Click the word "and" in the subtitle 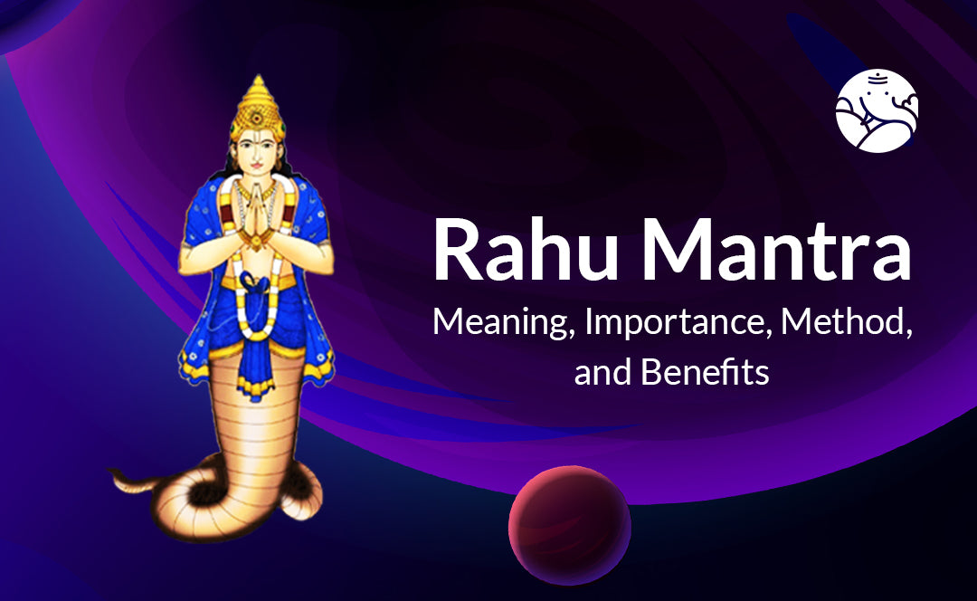coord(601,372)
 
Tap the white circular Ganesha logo coord(877,110)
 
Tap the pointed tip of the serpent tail coord(112,472)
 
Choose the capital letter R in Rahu coord(460,249)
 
